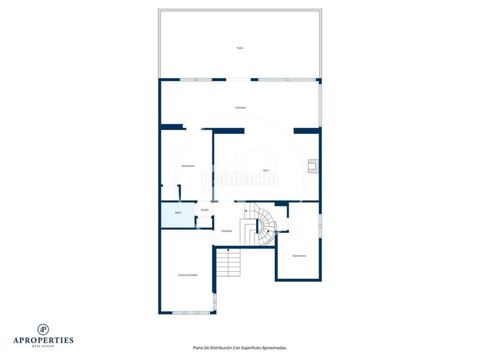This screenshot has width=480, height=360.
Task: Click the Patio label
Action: point(240,48)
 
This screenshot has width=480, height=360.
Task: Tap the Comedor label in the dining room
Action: point(241,107)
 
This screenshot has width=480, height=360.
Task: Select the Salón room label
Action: point(266,170)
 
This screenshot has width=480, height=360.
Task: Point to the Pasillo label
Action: point(205,209)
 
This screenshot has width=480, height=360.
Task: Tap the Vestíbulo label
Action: point(226,231)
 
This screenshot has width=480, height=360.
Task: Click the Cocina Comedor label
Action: point(188,275)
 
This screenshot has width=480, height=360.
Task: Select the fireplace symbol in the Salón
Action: point(313,166)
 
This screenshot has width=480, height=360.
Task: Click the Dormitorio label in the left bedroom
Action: point(188,166)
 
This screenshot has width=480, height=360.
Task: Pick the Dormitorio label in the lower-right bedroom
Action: point(299,256)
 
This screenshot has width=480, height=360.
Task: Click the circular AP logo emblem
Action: point(43,329)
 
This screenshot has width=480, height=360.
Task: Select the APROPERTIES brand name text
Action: point(43,340)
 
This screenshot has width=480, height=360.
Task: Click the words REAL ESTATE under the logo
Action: point(43,347)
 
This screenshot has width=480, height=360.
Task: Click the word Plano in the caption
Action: point(199,347)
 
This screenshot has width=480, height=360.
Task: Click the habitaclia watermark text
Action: point(240,179)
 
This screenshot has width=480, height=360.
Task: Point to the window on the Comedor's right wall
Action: point(320,104)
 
